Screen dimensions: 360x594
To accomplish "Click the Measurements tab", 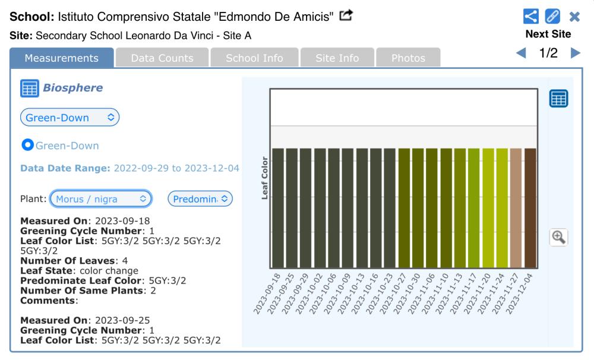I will pos(62,58).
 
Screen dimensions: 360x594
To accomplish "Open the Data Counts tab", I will pos(162,58).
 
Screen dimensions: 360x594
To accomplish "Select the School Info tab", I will pos(254,58).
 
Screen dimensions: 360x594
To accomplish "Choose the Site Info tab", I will pos(337,58).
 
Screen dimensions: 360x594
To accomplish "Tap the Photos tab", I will pos(408,58).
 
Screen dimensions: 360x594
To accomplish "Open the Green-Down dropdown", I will pos(70,117).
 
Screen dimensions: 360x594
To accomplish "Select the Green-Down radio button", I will pos(27,146).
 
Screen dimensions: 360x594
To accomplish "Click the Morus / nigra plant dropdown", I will pos(101,198).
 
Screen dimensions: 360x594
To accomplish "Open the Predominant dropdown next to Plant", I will pos(201,198).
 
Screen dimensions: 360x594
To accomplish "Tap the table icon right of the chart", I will pos(558,99).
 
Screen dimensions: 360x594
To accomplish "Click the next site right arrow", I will pos(575,53).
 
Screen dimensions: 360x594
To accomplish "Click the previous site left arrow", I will pos(522,53).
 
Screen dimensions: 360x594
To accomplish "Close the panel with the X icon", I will pos(574,17).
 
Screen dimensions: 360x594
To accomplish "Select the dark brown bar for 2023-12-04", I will pos(530,208).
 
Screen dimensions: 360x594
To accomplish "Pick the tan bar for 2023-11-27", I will pos(516,208).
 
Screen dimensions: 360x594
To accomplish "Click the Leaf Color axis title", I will pos(265,178).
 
